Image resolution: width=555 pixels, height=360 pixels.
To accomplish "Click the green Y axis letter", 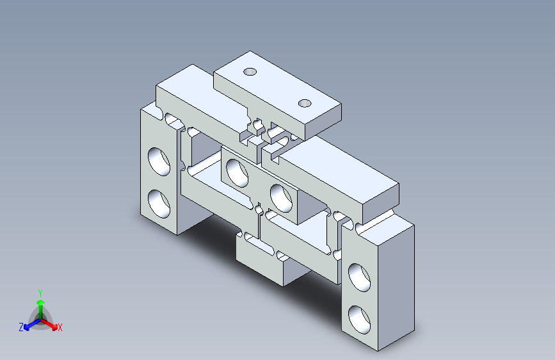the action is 40,293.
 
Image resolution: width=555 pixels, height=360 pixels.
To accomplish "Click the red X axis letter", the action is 60,328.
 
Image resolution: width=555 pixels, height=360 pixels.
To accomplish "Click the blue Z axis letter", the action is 21,327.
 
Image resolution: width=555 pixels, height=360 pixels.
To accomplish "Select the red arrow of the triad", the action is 49,324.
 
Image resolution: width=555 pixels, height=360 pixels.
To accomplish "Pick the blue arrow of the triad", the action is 32,324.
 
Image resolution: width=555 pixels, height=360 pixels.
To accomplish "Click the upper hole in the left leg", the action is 159,161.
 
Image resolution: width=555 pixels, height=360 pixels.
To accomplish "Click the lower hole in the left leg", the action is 159,204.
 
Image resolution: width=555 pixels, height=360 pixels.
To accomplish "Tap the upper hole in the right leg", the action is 359,278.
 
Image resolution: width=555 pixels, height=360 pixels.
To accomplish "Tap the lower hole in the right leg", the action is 359,320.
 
